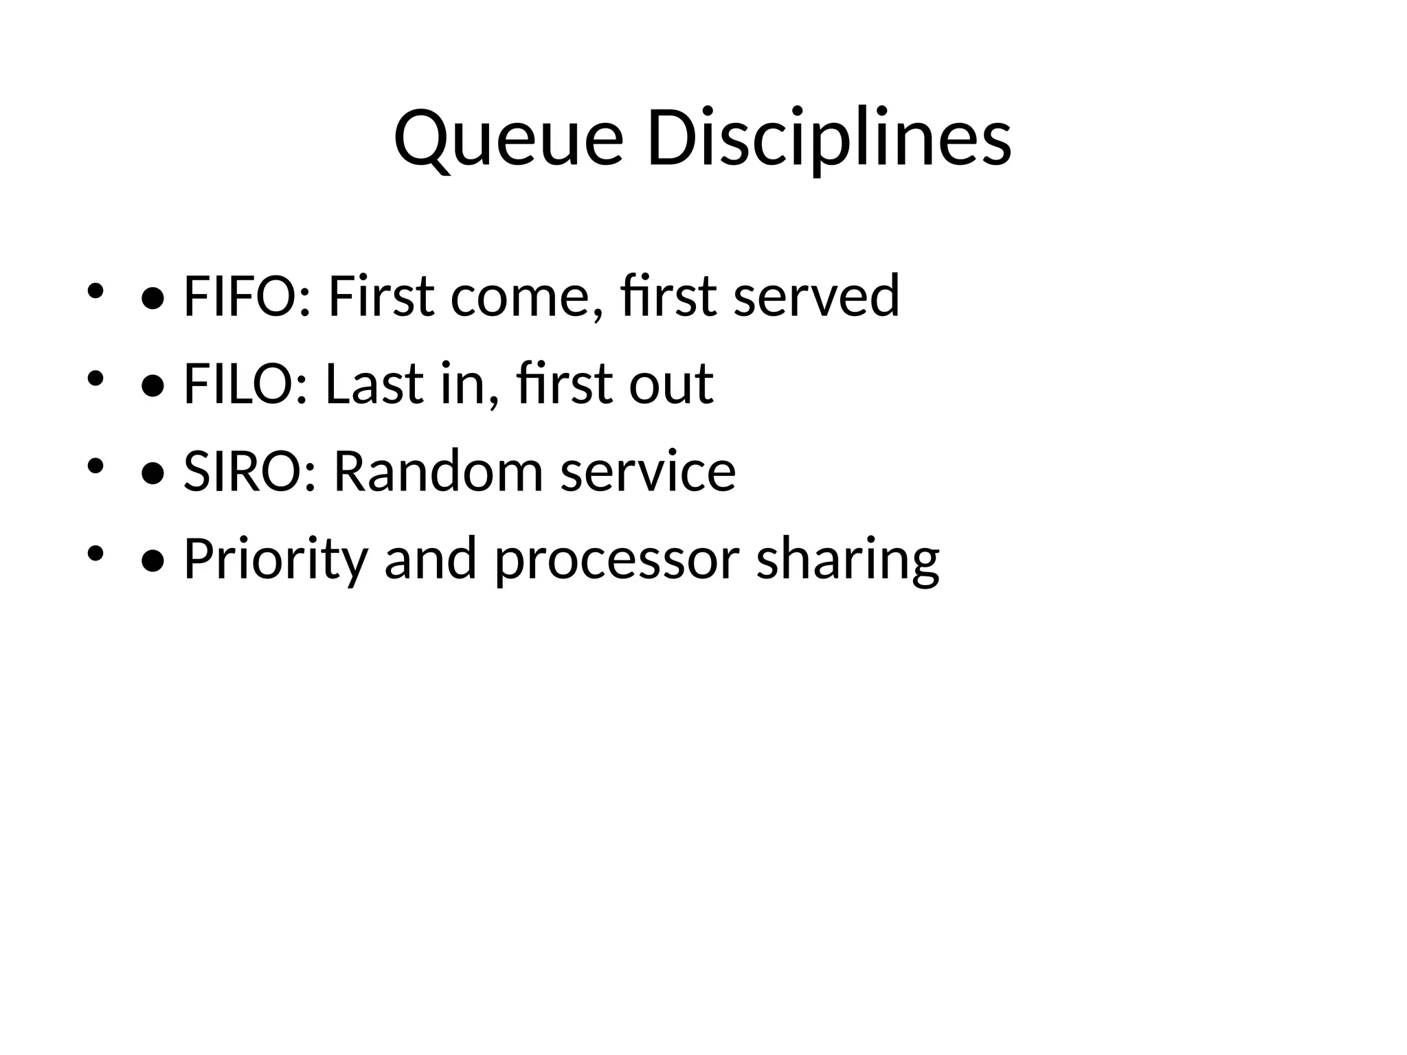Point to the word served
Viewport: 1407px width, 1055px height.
816,296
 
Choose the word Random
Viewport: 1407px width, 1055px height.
438,472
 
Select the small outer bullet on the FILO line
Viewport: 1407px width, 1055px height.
95,378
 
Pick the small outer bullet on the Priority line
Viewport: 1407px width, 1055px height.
95,554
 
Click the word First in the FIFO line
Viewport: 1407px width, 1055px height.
381,296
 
